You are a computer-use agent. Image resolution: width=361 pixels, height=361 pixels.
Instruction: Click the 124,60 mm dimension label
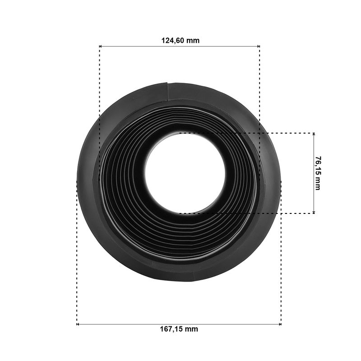click(x=180, y=41)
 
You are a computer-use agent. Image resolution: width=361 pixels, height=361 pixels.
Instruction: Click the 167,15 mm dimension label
click(x=179, y=329)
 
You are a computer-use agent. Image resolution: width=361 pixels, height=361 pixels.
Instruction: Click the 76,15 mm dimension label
click(x=318, y=173)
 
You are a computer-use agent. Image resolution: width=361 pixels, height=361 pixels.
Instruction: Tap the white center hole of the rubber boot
click(x=185, y=173)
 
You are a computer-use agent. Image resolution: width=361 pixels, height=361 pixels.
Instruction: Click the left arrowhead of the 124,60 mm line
click(x=101, y=46)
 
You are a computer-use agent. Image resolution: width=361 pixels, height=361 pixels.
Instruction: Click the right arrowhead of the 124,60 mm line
click(x=258, y=46)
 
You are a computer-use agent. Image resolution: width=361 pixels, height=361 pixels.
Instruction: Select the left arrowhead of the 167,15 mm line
click(x=78, y=324)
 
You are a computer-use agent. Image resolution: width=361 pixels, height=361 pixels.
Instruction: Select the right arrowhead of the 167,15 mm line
click(x=280, y=324)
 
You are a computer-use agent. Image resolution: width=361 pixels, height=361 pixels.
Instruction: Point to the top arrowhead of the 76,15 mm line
click(x=314, y=134)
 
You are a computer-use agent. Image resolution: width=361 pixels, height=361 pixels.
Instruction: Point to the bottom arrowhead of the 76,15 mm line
click(x=314, y=212)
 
